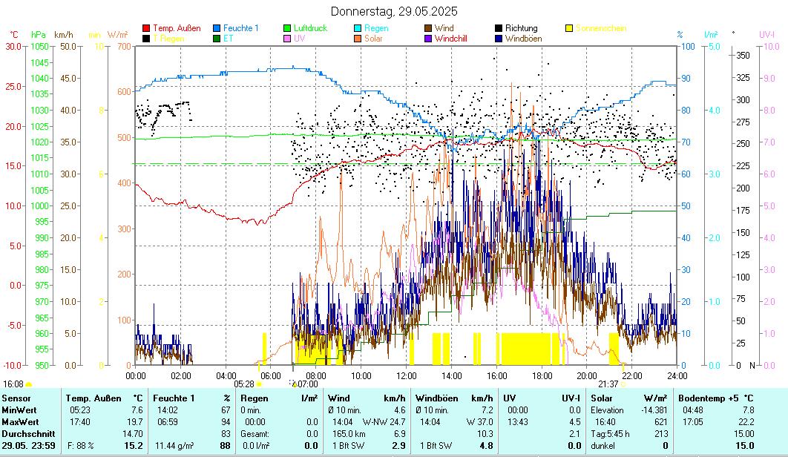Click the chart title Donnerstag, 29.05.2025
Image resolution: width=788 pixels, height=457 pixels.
point(393,11)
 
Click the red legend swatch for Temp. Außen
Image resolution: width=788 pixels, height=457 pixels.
point(147,28)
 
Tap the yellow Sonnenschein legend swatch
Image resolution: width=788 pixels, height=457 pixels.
point(569,28)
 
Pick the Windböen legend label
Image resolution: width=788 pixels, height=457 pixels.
point(523,39)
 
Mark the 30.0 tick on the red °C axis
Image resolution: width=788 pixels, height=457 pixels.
point(14,46)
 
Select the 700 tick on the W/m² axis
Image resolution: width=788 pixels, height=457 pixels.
point(123,46)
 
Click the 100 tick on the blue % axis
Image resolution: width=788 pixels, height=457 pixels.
point(688,46)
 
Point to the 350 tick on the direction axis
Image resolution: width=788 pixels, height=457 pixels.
point(742,56)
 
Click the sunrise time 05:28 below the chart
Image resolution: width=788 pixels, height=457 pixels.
point(244,384)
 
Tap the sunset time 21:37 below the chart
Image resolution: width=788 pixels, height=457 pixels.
point(608,384)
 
